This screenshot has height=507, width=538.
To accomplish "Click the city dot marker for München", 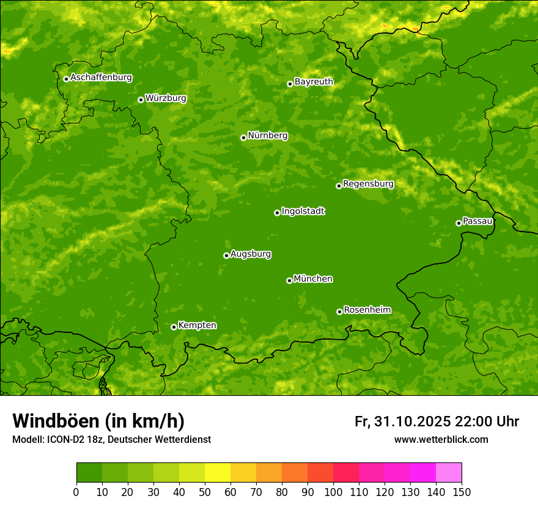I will [x=289, y=280].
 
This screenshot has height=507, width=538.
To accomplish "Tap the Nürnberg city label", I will [x=268, y=136].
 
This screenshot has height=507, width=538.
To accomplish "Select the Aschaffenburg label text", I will [x=101, y=78].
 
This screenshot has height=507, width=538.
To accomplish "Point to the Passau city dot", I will [x=459, y=223].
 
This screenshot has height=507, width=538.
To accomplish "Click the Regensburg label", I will [x=368, y=184].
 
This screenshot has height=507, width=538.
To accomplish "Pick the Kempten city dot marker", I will [x=174, y=327].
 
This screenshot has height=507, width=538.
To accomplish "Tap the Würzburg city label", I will [x=166, y=98].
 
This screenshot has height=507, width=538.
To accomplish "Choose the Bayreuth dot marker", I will [x=290, y=84].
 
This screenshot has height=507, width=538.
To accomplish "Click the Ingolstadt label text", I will [x=303, y=211].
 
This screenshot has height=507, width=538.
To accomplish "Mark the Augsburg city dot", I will [x=226, y=255].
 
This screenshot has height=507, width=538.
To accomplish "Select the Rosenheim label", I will [x=367, y=310].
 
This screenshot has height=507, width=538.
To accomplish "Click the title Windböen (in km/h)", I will [x=98, y=421].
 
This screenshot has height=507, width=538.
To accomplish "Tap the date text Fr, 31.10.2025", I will [x=402, y=421].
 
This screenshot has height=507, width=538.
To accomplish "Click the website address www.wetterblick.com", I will [x=441, y=439].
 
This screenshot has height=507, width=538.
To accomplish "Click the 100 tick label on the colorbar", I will [x=333, y=492].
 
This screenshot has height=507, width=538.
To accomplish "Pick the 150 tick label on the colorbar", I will [x=462, y=492].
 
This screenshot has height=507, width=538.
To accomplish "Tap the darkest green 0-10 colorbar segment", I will [x=89, y=473].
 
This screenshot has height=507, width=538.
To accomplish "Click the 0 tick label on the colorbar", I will [x=76, y=492].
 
